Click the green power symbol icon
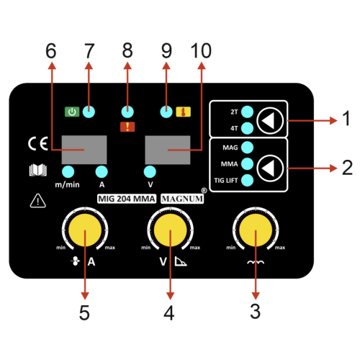pos(72,112)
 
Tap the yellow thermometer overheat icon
pos(184,112)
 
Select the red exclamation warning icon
pos(127,127)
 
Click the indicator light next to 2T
pos(247,112)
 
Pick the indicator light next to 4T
pos(247,128)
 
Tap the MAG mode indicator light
pos(247,148)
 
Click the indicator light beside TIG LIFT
pos(247,180)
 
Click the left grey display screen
pos(84,150)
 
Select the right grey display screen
pos(168,150)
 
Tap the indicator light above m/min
pos(68,171)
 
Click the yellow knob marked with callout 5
pos(85,230)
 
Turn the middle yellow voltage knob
pos(170,230)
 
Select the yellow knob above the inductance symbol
pos(256,230)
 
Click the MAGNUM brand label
pos(182,199)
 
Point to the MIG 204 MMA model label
pos(127,199)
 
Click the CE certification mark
pos(38,144)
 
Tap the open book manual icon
pos(38,170)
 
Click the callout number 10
pos(201,51)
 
